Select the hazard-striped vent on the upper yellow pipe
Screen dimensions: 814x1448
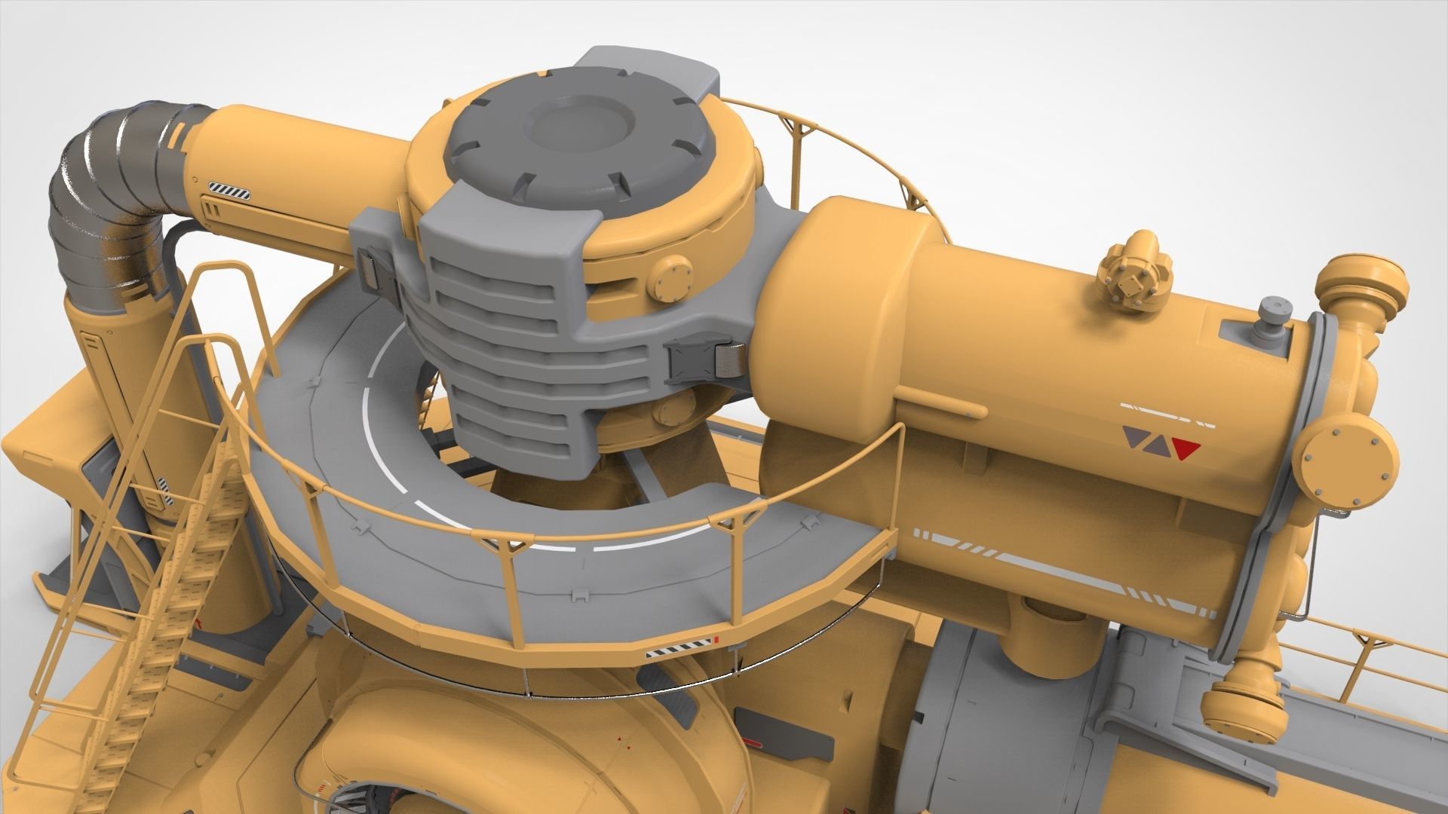point(230,191)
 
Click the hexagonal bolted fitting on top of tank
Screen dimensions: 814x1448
point(1135,277)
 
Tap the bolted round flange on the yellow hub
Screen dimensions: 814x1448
point(670,277)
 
